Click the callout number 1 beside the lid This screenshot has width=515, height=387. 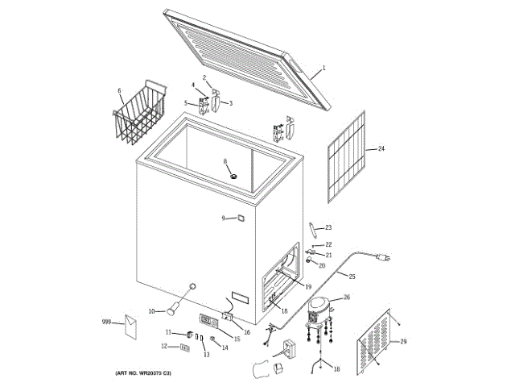coord(324,68)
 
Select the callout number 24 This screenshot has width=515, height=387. coord(381,149)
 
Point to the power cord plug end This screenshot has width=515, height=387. coord(384,257)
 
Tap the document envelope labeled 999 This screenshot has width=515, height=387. coord(130,325)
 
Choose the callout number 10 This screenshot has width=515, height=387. coord(151,311)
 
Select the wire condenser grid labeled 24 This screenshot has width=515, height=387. coord(347,161)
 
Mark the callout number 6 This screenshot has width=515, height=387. coord(120,90)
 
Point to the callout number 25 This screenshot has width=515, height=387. coord(352,277)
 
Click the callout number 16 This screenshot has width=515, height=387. coord(247,331)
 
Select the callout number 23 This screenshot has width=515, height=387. coord(328,228)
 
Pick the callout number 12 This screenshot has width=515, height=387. coord(164,347)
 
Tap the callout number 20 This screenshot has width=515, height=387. coord(322,265)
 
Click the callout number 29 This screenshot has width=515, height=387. coord(403,341)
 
